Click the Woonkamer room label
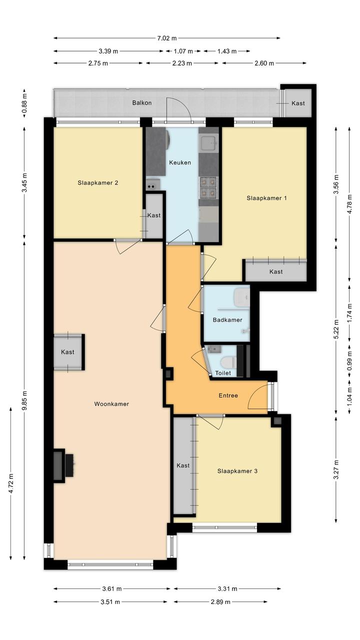111,404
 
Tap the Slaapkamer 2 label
97,183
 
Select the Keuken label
180,163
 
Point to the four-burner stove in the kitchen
208,188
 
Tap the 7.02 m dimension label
167,39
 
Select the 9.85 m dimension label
25,400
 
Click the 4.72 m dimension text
11,483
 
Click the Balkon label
142,103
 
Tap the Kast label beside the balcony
298,104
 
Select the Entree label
228,396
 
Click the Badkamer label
227,320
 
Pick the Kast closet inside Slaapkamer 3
183,465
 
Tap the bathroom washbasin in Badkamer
241,296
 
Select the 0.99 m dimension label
349,361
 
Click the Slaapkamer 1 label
266,198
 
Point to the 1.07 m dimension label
183,52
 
